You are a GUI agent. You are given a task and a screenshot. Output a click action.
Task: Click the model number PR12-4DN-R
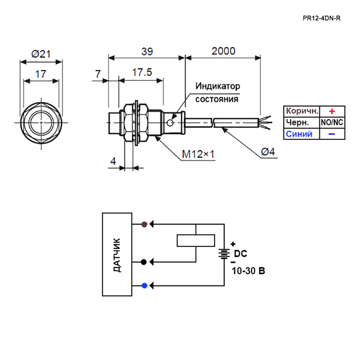(321, 18)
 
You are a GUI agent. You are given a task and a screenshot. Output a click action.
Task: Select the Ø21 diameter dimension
(41, 54)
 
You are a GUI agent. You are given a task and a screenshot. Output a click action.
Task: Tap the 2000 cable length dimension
(223, 51)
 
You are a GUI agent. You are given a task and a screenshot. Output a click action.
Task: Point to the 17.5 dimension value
(142, 73)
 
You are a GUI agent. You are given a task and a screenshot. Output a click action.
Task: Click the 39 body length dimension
(147, 51)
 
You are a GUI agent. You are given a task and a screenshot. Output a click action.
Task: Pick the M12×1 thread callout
(198, 154)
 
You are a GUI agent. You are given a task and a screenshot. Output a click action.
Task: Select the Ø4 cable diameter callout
(268, 152)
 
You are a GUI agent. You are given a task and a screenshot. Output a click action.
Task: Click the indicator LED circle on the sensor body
(170, 123)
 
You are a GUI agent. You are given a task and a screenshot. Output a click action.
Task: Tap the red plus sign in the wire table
(332, 112)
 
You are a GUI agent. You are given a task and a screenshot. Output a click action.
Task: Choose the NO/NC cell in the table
(332, 122)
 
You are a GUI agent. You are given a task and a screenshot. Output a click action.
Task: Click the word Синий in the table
(299, 134)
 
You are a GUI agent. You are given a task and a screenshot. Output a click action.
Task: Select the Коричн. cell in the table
(302, 111)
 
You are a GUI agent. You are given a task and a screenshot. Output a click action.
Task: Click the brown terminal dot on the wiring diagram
(144, 224)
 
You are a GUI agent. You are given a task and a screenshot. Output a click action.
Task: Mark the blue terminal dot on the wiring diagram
(145, 285)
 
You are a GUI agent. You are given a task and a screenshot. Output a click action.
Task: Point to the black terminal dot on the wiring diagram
(143, 262)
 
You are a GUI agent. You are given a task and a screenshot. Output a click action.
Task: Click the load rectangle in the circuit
(196, 241)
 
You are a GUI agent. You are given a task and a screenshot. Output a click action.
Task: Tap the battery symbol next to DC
(224, 254)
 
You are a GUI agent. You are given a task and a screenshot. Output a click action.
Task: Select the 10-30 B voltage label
(248, 271)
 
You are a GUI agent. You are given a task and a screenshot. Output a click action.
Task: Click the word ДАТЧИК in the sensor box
(117, 255)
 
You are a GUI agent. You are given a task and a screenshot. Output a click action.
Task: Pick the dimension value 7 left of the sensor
(98, 74)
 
